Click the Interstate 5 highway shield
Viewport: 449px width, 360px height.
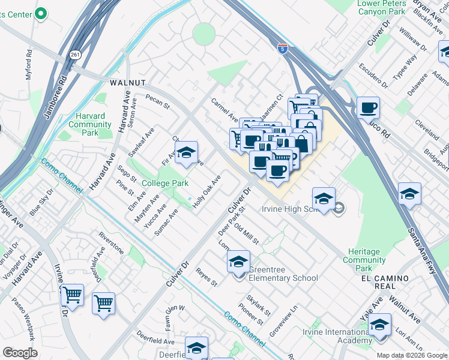(x=282, y=48)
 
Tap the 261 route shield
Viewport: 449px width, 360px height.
(x=74, y=54)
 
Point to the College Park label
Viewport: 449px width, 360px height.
(x=165, y=183)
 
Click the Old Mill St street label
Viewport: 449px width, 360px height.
(x=246, y=234)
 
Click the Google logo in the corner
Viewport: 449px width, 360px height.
(x=20, y=353)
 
